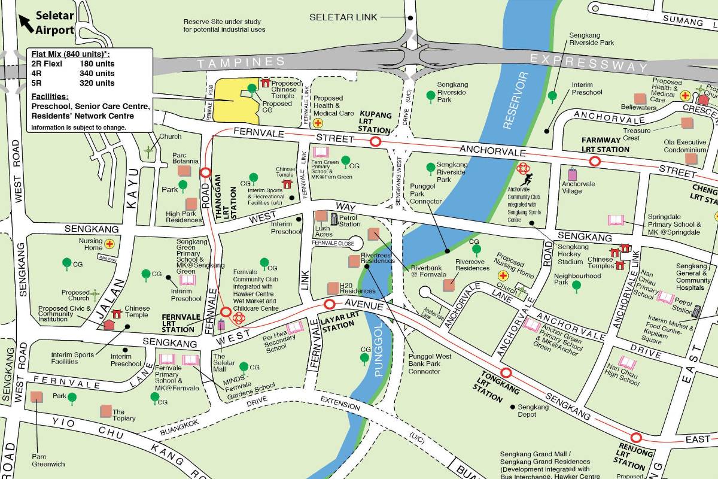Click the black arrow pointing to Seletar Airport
pos(26,23)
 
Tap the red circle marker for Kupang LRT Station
pos(376,142)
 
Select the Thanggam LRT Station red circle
pos(205,173)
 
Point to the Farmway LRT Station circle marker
pos(595,161)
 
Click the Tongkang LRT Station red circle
pos(506,372)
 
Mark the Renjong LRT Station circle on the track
pos(636,438)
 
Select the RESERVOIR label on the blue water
pos(516,100)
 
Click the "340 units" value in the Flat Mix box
pos(97,73)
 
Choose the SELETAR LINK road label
pos(343,17)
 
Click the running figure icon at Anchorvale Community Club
pos(527,179)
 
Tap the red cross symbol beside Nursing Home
pos(109,244)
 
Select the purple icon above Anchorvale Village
pos(573,174)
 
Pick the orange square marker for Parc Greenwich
pos(36,396)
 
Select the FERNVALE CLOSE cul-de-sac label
pos(333,243)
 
